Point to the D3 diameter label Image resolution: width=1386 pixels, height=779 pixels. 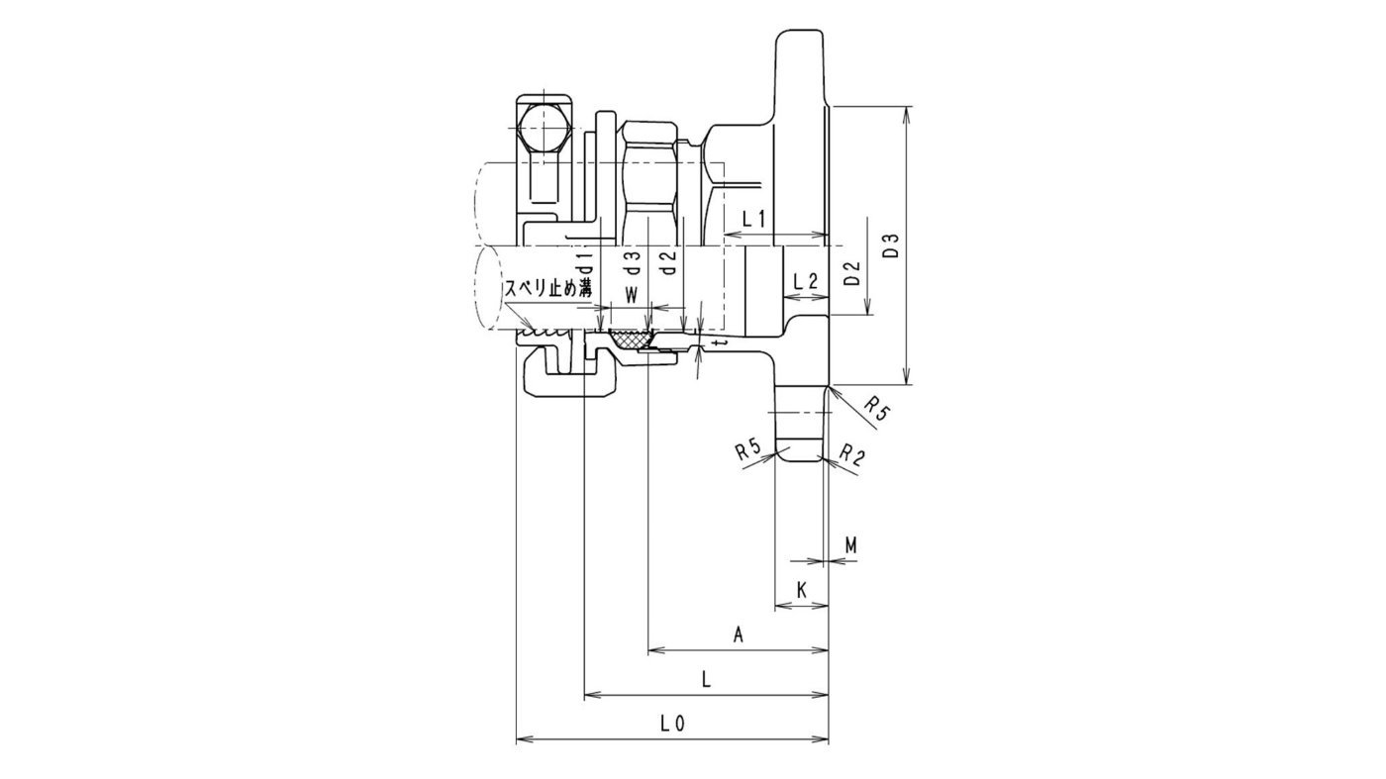click(x=891, y=246)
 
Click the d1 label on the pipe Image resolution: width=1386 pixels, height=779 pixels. click(x=586, y=262)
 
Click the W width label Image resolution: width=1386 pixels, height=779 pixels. click(x=631, y=294)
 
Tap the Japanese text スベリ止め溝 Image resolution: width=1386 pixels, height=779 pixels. click(x=548, y=289)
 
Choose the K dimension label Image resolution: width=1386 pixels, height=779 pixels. click(x=801, y=589)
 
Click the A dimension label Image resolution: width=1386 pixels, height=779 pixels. click(x=738, y=635)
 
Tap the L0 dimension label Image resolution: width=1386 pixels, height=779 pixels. click(x=673, y=724)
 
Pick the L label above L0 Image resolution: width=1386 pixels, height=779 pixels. click(x=705, y=680)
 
